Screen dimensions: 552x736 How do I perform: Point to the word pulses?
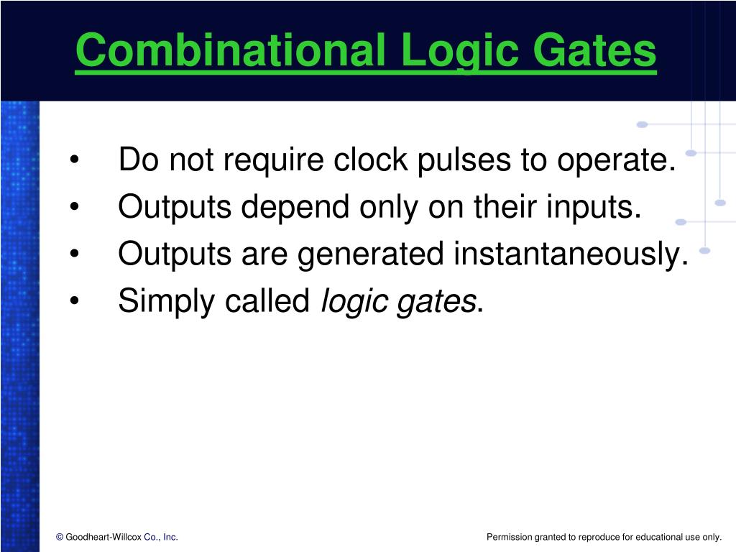457,160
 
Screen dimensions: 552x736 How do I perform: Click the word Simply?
167,302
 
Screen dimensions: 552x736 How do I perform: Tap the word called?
267,300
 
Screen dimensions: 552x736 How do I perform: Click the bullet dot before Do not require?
74,161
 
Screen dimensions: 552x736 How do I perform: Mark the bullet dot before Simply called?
74,301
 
